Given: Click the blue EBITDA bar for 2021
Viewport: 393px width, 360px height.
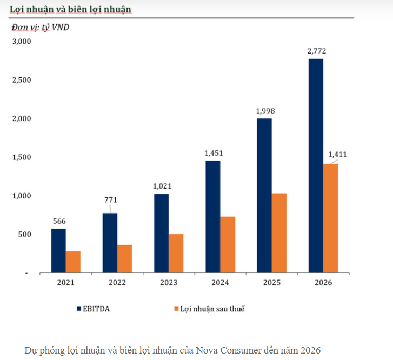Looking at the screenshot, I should pos(58,251).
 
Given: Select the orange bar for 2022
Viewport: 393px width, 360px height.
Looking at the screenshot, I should pos(125,259).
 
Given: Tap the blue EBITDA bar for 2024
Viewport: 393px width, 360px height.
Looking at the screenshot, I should pos(213,216).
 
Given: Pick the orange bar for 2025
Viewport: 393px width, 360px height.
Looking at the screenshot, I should pos(279,233).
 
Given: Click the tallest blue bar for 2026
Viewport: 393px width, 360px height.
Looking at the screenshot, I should pos(316,165).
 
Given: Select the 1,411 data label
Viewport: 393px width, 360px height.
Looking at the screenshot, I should pos(338,155).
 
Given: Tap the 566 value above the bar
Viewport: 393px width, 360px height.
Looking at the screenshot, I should pos(59,221).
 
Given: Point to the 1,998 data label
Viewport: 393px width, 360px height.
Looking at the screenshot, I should pos(264,111).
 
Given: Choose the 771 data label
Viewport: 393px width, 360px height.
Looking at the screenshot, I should pos(110,200).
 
